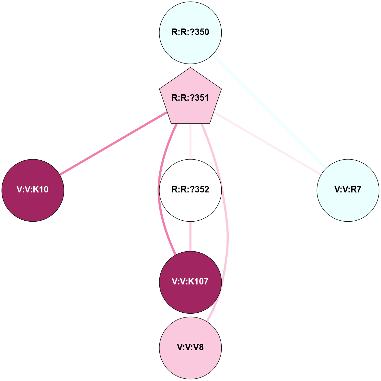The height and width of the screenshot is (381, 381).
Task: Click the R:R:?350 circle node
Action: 190,32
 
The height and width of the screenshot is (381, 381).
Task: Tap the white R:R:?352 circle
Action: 190,190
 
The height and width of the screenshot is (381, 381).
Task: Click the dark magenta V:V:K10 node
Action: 33,190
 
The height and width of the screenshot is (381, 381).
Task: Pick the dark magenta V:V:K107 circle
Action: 190,282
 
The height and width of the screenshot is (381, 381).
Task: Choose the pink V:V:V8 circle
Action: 190,348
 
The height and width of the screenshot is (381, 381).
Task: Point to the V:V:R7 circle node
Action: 348,190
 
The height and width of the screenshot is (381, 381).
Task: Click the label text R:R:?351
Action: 190,98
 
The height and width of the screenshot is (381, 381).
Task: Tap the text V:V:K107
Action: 190,282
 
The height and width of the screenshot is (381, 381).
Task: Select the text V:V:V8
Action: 190,348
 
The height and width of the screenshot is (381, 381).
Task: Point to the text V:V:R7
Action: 348,190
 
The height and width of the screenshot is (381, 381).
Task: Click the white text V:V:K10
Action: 33,190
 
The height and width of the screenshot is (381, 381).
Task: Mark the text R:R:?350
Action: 190,32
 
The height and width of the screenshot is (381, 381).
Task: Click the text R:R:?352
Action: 190,190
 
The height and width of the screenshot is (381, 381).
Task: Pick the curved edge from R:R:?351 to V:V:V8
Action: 228,227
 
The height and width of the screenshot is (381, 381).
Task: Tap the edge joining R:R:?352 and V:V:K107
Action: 190,237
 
